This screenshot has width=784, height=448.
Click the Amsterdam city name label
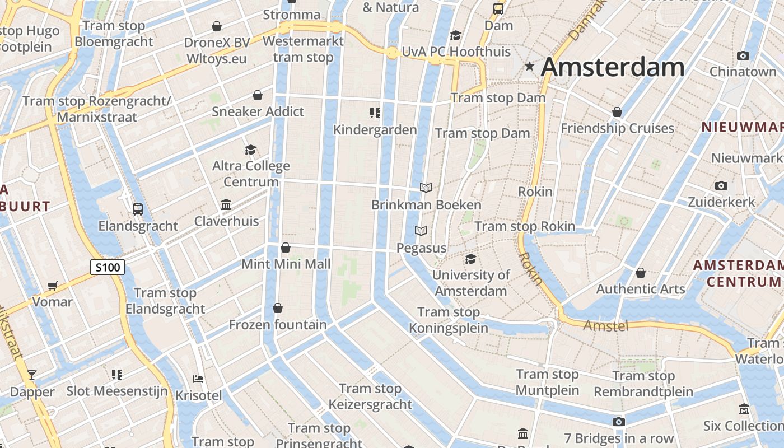tap(613, 67)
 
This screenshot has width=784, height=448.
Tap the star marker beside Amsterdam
tap(529, 67)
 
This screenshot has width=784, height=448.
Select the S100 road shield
tap(108, 267)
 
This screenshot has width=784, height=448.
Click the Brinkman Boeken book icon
tap(426, 188)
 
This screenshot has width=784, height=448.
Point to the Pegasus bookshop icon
tap(421, 231)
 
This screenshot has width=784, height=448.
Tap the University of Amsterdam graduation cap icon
tap(470, 259)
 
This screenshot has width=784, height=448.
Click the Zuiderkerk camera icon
tap(721, 185)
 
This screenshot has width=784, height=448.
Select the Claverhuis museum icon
tap(226, 204)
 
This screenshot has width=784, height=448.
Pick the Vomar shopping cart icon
tap(53, 286)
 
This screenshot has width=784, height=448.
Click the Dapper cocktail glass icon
tap(32, 375)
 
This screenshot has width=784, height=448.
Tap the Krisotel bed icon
tap(198, 379)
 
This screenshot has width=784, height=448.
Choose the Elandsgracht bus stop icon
tap(138, 209)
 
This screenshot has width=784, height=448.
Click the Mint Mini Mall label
tap(286, 264)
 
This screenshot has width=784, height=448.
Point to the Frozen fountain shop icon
tap(278, 308)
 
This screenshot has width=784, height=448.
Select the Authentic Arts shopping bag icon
tap(641, 273)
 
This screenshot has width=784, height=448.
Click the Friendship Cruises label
tap(617, 128)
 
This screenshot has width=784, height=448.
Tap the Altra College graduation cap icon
tap(250, 150)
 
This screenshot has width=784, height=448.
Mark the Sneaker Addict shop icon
tap(258, 95)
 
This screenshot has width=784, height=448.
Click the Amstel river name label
tap(606, 325)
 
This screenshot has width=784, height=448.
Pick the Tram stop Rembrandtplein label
tap(643, 384)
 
